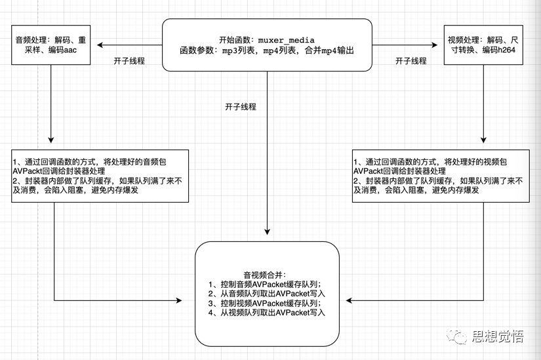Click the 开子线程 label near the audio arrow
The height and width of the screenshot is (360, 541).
129,61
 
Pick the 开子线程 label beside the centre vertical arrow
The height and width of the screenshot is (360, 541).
241,106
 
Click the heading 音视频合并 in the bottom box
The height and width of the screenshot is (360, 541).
266,275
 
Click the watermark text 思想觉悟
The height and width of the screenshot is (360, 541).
498,336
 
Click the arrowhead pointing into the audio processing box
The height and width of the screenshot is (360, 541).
100,45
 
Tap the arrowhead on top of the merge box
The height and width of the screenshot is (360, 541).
268,230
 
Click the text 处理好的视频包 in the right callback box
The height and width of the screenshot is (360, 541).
477,161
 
